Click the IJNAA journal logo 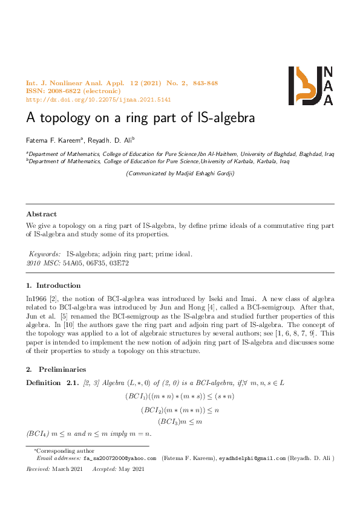310,85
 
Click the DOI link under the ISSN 99,99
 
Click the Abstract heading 42,214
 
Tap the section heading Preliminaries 62,369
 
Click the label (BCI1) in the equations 135,396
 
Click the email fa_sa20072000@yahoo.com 119,459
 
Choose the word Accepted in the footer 105,469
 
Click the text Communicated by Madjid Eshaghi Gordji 180,173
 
